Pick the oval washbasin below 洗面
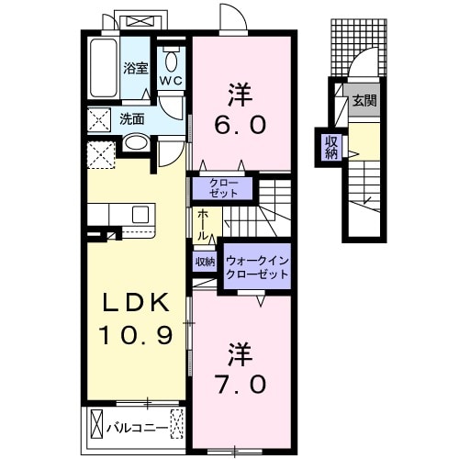pos(135,143)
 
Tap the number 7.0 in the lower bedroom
pos(243,378)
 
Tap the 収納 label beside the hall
pos(204,263)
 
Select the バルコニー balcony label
pos(136,427)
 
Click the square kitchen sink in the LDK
pos(140,215)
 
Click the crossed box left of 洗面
pos(98,119)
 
